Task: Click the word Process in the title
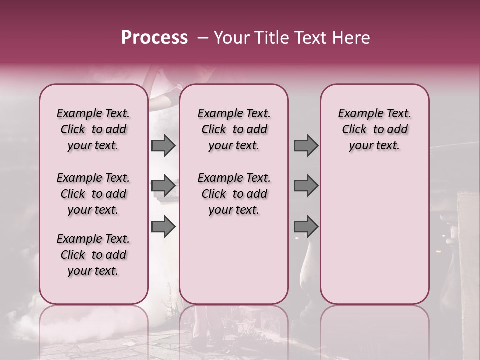pos(154,38)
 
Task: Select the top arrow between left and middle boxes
pos(163,145)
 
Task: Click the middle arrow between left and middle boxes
pos(163,186)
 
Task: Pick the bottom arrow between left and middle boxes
pos(163,226)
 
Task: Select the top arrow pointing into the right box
pos(306,145)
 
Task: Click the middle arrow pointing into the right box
pos(306,186)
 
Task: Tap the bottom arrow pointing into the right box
pos(306,226)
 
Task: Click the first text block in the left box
pos(93,129)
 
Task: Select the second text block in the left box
pos(93,194)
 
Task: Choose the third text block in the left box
pos(93,255)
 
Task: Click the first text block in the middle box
pos(234,129)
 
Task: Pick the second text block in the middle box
pos(234,194)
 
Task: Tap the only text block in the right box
pos(374,129)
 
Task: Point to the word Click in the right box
pos(354,130)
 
